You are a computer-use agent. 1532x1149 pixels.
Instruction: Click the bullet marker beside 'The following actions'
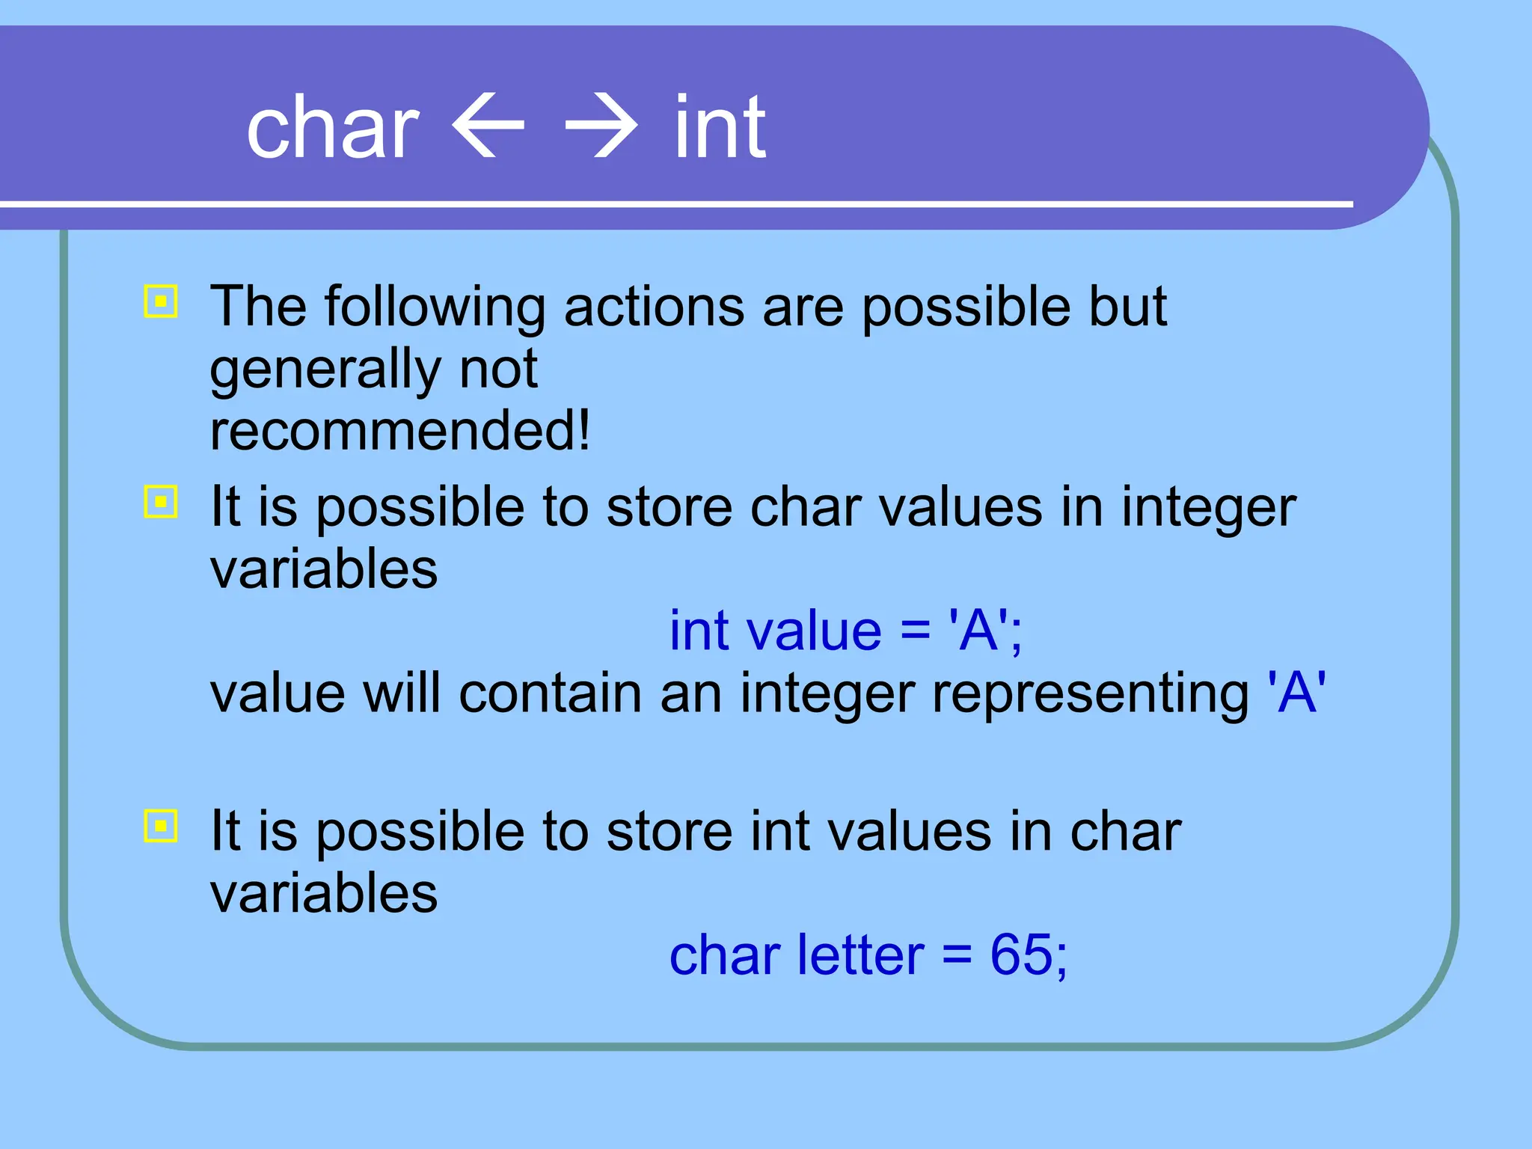point(160,301)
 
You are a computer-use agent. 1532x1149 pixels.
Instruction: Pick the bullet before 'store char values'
point(160,502)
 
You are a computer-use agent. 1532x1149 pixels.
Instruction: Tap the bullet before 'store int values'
point(160,826)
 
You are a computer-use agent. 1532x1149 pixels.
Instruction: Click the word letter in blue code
point(860,955)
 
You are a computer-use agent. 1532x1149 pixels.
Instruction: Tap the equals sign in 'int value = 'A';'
point(915,632)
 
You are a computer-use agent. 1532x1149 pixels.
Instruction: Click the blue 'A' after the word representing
point(1296,693)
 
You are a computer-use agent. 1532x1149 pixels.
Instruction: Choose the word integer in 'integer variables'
point(1208,507)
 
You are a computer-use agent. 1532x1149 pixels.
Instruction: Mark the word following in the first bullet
point(435,307)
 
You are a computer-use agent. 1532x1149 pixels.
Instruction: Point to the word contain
point(550,693)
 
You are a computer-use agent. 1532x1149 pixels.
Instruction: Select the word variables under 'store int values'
point(323,893)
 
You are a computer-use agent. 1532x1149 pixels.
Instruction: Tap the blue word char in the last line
point(724,955)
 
